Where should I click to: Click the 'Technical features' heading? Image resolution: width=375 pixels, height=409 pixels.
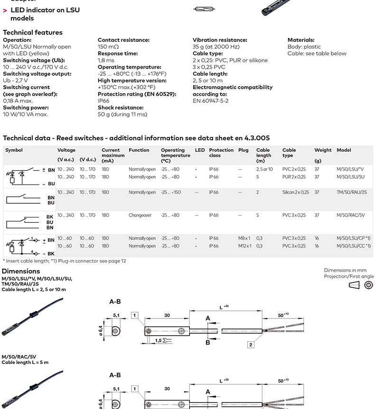tap(33, 33)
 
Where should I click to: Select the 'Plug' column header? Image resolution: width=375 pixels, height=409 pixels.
tap(243, 150)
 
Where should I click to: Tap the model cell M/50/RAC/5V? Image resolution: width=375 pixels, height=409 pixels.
tap(350, 215)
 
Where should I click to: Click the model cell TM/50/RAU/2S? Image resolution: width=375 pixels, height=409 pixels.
tap(351, 192)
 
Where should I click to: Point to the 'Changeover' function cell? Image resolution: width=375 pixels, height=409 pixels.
tap(140, 215)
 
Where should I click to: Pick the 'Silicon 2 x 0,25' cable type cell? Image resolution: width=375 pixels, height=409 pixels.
tap(295, 192)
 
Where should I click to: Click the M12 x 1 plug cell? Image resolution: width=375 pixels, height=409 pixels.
tap(244, 246)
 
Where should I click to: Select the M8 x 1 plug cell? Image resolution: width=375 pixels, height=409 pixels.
tap(244, 238)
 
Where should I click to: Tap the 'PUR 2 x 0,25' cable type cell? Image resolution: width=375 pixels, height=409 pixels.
tap(294, 177)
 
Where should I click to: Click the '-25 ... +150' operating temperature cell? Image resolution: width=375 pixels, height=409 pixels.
tap(170, 192)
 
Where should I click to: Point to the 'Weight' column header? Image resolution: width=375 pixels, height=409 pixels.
tap(323, 150)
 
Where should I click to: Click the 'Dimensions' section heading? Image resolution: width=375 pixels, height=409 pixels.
tap(21, 271)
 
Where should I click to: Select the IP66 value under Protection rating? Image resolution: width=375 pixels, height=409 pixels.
tap(103, 101)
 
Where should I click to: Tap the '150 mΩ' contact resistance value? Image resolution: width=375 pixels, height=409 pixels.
tap(108, 47)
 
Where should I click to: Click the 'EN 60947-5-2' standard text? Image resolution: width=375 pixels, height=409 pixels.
tap(211, 101)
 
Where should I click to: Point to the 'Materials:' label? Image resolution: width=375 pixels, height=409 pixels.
tap(301, 40)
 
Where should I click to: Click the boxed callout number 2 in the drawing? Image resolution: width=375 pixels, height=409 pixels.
tap(251, 345)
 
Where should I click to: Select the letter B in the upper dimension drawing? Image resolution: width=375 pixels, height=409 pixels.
tap(207, 342)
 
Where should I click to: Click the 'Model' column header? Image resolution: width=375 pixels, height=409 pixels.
tap(344, 150)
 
